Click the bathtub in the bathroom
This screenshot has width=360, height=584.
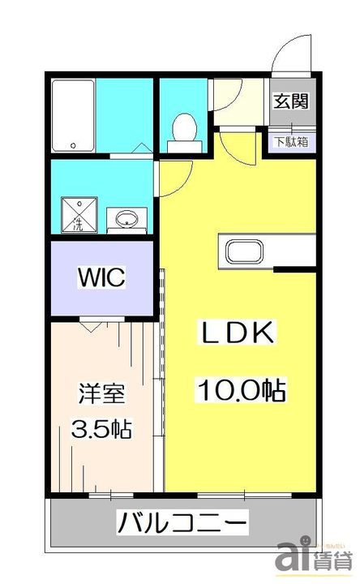pos(74,115)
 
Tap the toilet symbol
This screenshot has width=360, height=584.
pos(184,130)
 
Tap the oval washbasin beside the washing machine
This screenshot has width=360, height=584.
pos(128,219)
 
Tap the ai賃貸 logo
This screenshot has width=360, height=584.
pos(317,558)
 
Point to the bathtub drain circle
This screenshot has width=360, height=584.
pos(74,146)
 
